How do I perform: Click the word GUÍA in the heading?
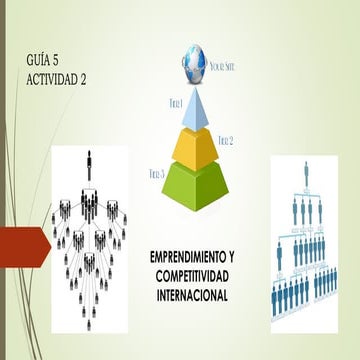click(x=42, y=62)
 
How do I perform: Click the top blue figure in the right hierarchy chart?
click(x=306, y=165)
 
